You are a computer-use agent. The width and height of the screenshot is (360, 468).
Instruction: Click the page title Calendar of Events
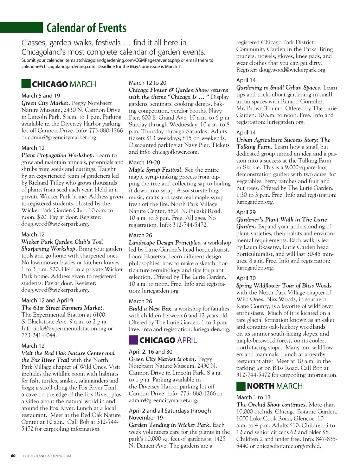coord(86,28)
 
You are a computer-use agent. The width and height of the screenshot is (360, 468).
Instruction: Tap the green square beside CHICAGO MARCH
coord(26,84)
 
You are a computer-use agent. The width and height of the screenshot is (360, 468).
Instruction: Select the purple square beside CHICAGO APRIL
coord(133,340)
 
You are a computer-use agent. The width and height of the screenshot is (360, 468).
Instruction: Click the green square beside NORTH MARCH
coord(241,386)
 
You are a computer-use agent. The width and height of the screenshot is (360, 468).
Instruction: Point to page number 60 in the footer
coord(13,456)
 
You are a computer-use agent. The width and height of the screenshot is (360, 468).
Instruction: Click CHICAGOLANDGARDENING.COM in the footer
coord(47,456)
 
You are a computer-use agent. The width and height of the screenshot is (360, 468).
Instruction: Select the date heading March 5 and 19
coord(41,96)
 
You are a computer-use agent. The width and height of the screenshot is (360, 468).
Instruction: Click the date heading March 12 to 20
coord(148,83)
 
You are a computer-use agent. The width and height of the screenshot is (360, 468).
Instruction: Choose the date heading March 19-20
coord(144,163)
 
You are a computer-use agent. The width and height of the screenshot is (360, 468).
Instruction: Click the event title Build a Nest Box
coord(151,309)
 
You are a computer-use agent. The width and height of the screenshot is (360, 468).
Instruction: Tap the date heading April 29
coord(246,212)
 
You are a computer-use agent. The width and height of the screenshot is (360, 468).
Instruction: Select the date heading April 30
coord(246,278)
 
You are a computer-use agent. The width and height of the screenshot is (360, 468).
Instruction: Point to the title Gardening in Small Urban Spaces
coord(279,88)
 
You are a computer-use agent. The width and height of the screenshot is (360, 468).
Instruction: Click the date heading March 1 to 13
coord(253,397)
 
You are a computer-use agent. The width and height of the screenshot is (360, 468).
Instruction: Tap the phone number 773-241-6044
coord(39,335)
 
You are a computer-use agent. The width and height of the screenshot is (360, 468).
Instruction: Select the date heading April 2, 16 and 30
coord(151,352)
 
